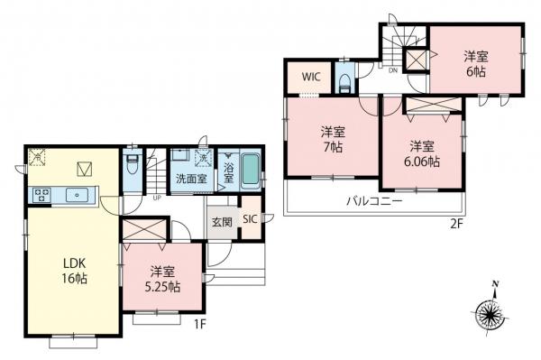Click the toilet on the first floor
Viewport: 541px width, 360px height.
[131, 168]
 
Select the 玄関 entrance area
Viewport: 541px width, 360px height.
[222, 222]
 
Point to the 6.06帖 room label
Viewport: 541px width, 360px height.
[422, 153]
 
